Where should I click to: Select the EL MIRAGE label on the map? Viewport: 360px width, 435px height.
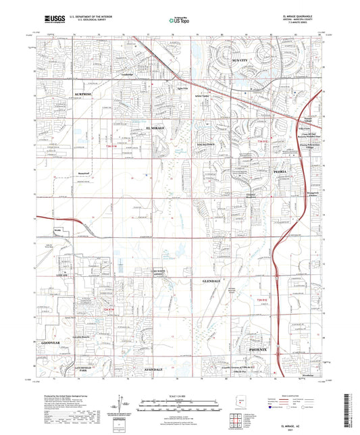pos(157,127)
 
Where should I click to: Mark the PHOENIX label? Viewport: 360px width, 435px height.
pos(259,349)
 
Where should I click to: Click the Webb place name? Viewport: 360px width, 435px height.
pos(57,232)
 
